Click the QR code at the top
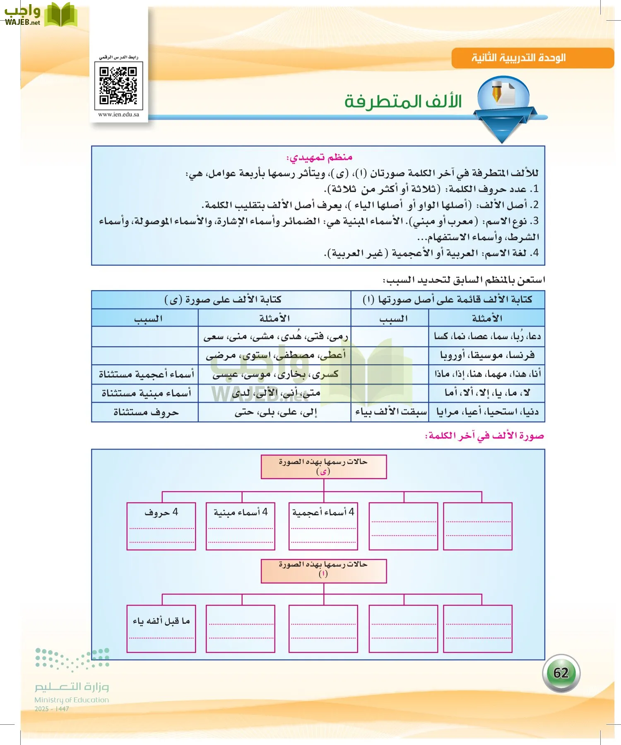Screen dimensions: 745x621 coord(118,86)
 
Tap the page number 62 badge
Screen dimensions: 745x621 coord(561,673)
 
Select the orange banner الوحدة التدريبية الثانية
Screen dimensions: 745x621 coord(532,58)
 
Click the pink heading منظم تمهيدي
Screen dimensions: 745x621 coord(319,157)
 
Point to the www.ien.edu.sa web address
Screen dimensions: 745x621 coord(119,115)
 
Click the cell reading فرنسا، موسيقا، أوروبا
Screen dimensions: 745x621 coord(487,355)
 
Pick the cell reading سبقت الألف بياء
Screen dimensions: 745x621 coord(390,412)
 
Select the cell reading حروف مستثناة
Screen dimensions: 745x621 coord(146,413)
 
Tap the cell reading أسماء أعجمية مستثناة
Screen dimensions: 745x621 coord(146,374)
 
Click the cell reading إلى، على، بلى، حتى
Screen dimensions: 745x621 coord(275,412)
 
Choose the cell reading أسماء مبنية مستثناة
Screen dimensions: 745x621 coord(146,393)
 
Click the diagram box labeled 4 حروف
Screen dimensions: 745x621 coord(161,526)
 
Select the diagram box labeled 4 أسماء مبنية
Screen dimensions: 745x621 coord(241,526)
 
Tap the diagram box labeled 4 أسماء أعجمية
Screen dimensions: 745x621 coord(323,526)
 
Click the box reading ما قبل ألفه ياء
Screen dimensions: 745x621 coord(161,628)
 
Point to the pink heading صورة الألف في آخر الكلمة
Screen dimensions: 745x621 coord(484,436)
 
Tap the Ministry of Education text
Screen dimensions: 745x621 coord(72,700)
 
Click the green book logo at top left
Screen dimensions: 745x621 coord(61,15)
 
